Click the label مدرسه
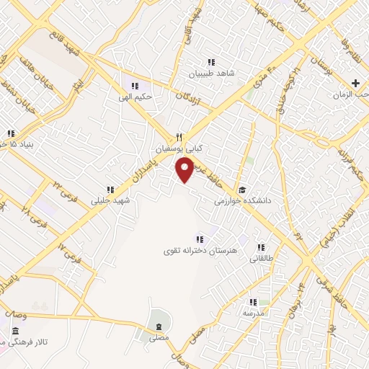[254, 314]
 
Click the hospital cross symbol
[356, 84]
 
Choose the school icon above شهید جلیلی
[110, 190]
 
